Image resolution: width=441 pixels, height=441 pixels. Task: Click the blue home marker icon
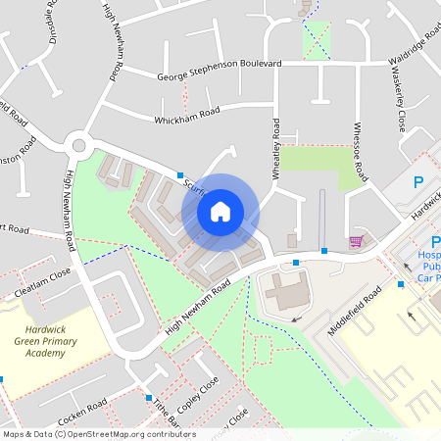220,211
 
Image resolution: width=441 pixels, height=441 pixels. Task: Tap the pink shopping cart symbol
356,241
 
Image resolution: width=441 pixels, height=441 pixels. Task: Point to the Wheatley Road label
275,147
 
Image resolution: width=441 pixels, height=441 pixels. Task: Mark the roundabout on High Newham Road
77,147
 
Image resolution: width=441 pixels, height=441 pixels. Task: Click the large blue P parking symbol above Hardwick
418,182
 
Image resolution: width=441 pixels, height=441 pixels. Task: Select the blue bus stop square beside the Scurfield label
180,175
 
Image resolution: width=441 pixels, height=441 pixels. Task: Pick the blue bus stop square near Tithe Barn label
148,398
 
